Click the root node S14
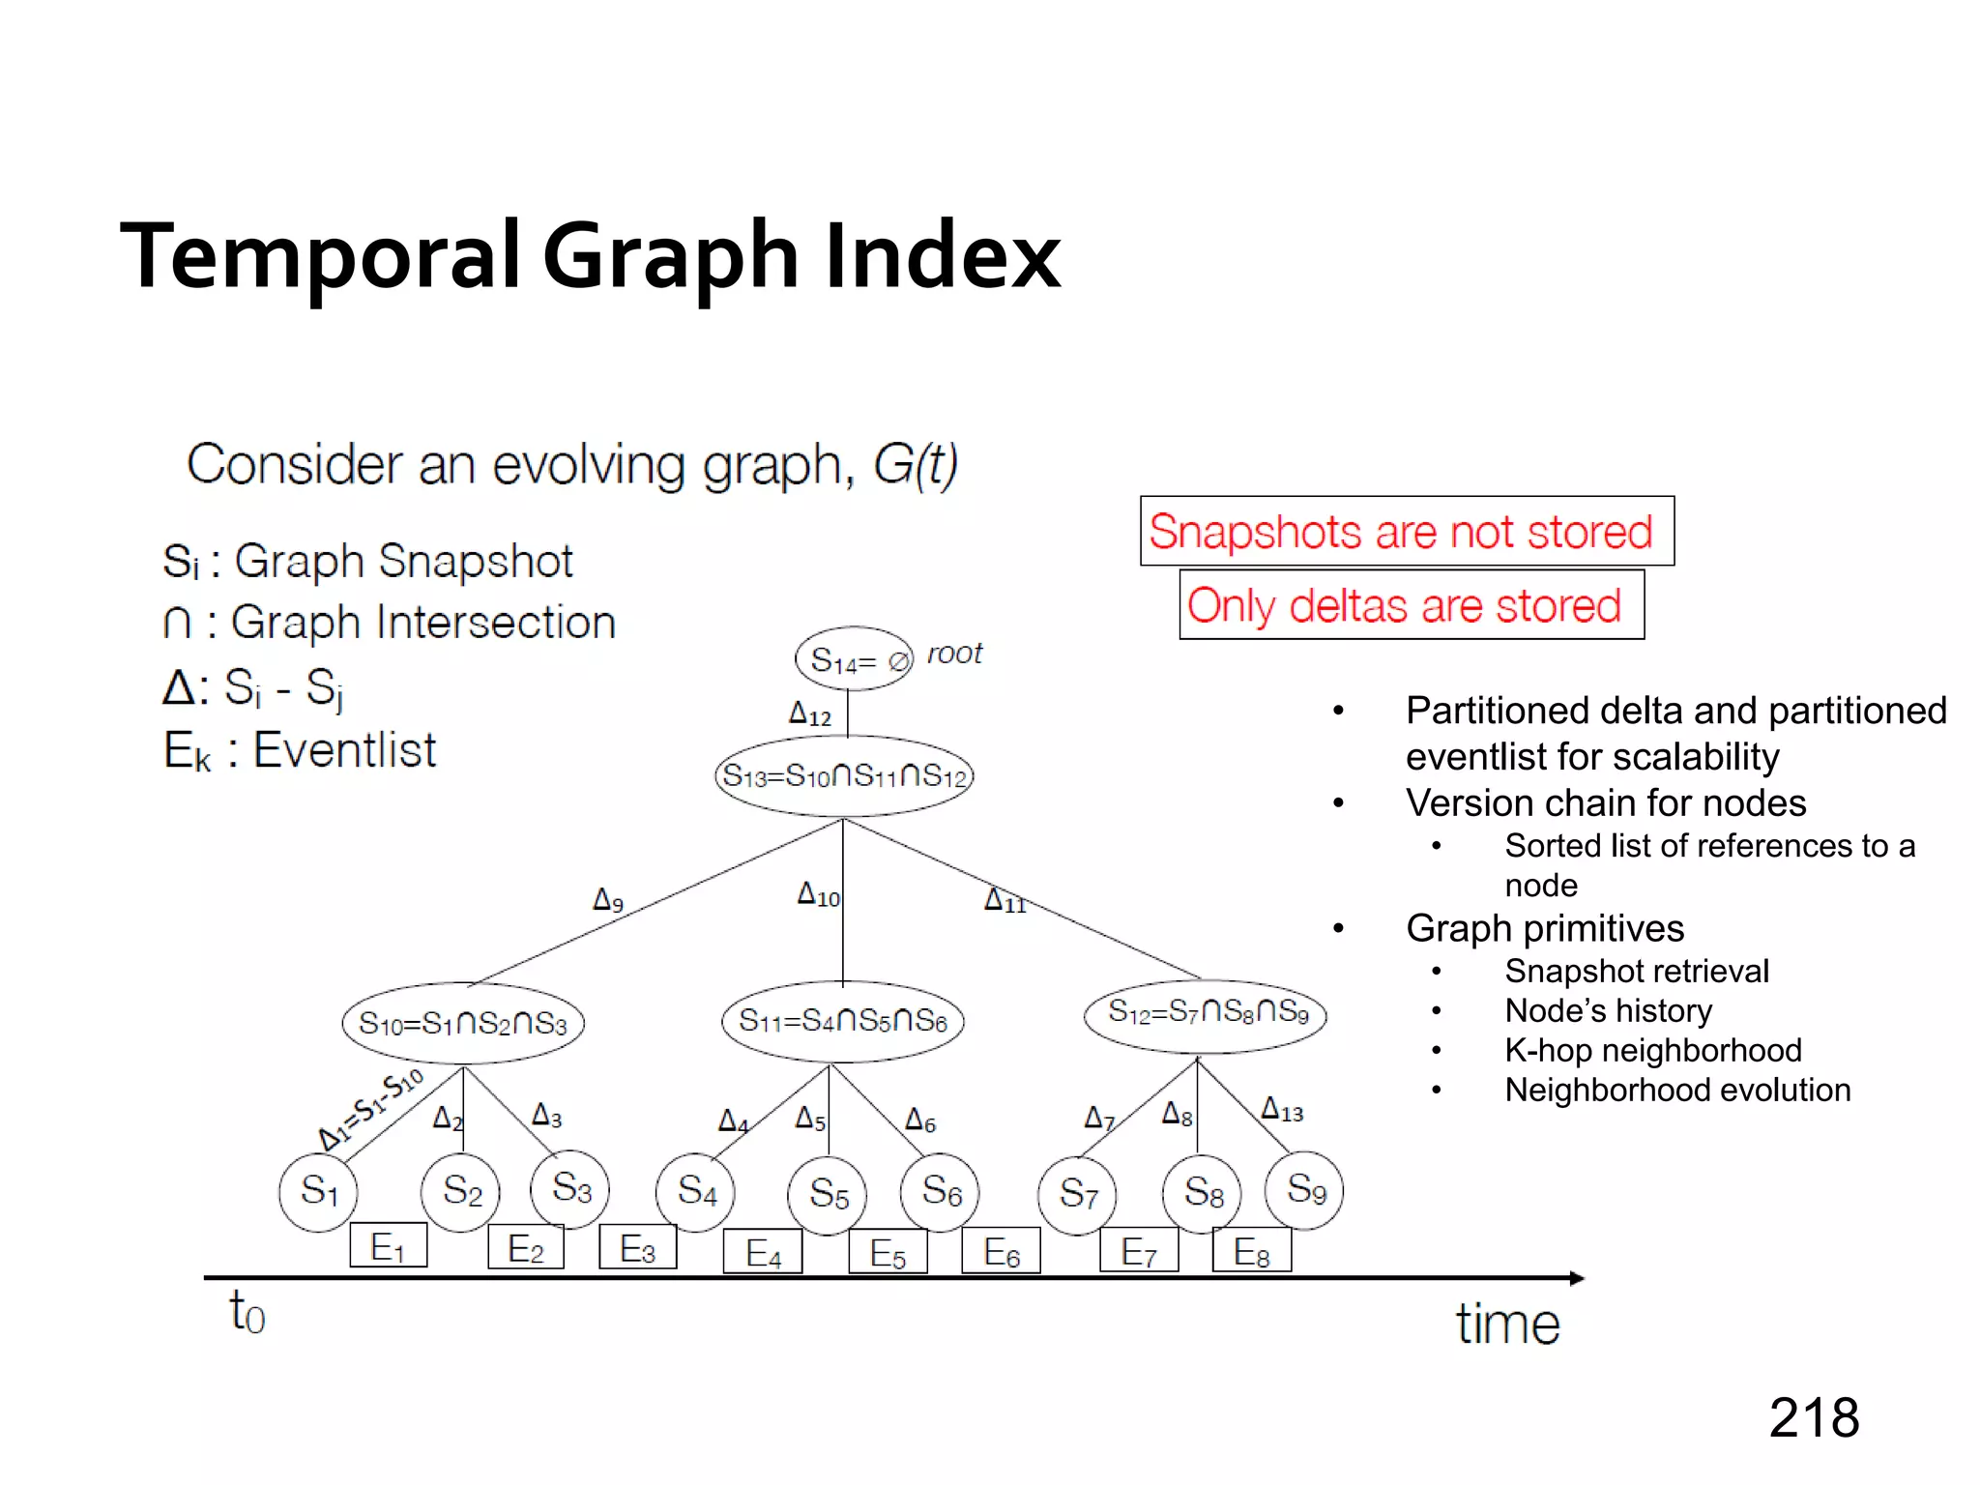tap(853, 659)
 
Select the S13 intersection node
tap(844, 775)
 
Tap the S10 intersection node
tap(463, 1023)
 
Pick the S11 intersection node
tap(842, 1021)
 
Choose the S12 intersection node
tap(1205, 1013)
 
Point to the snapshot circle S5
tap(828, 1194)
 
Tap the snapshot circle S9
tap(1304, 1189)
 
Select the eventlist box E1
tap(388, 1246)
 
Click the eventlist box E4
tap(763, 1253)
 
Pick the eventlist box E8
tap(1252, 1252)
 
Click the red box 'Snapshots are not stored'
tap(1407, 532)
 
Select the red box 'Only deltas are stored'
tap(1412, 605)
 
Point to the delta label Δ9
tap(608, 900)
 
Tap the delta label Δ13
tap(1282, 1110)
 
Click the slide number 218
tap(1814, 1418)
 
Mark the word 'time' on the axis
tap(1507, 1324)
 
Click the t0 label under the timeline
tap(247, 1313)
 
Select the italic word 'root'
tap(954, 654)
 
